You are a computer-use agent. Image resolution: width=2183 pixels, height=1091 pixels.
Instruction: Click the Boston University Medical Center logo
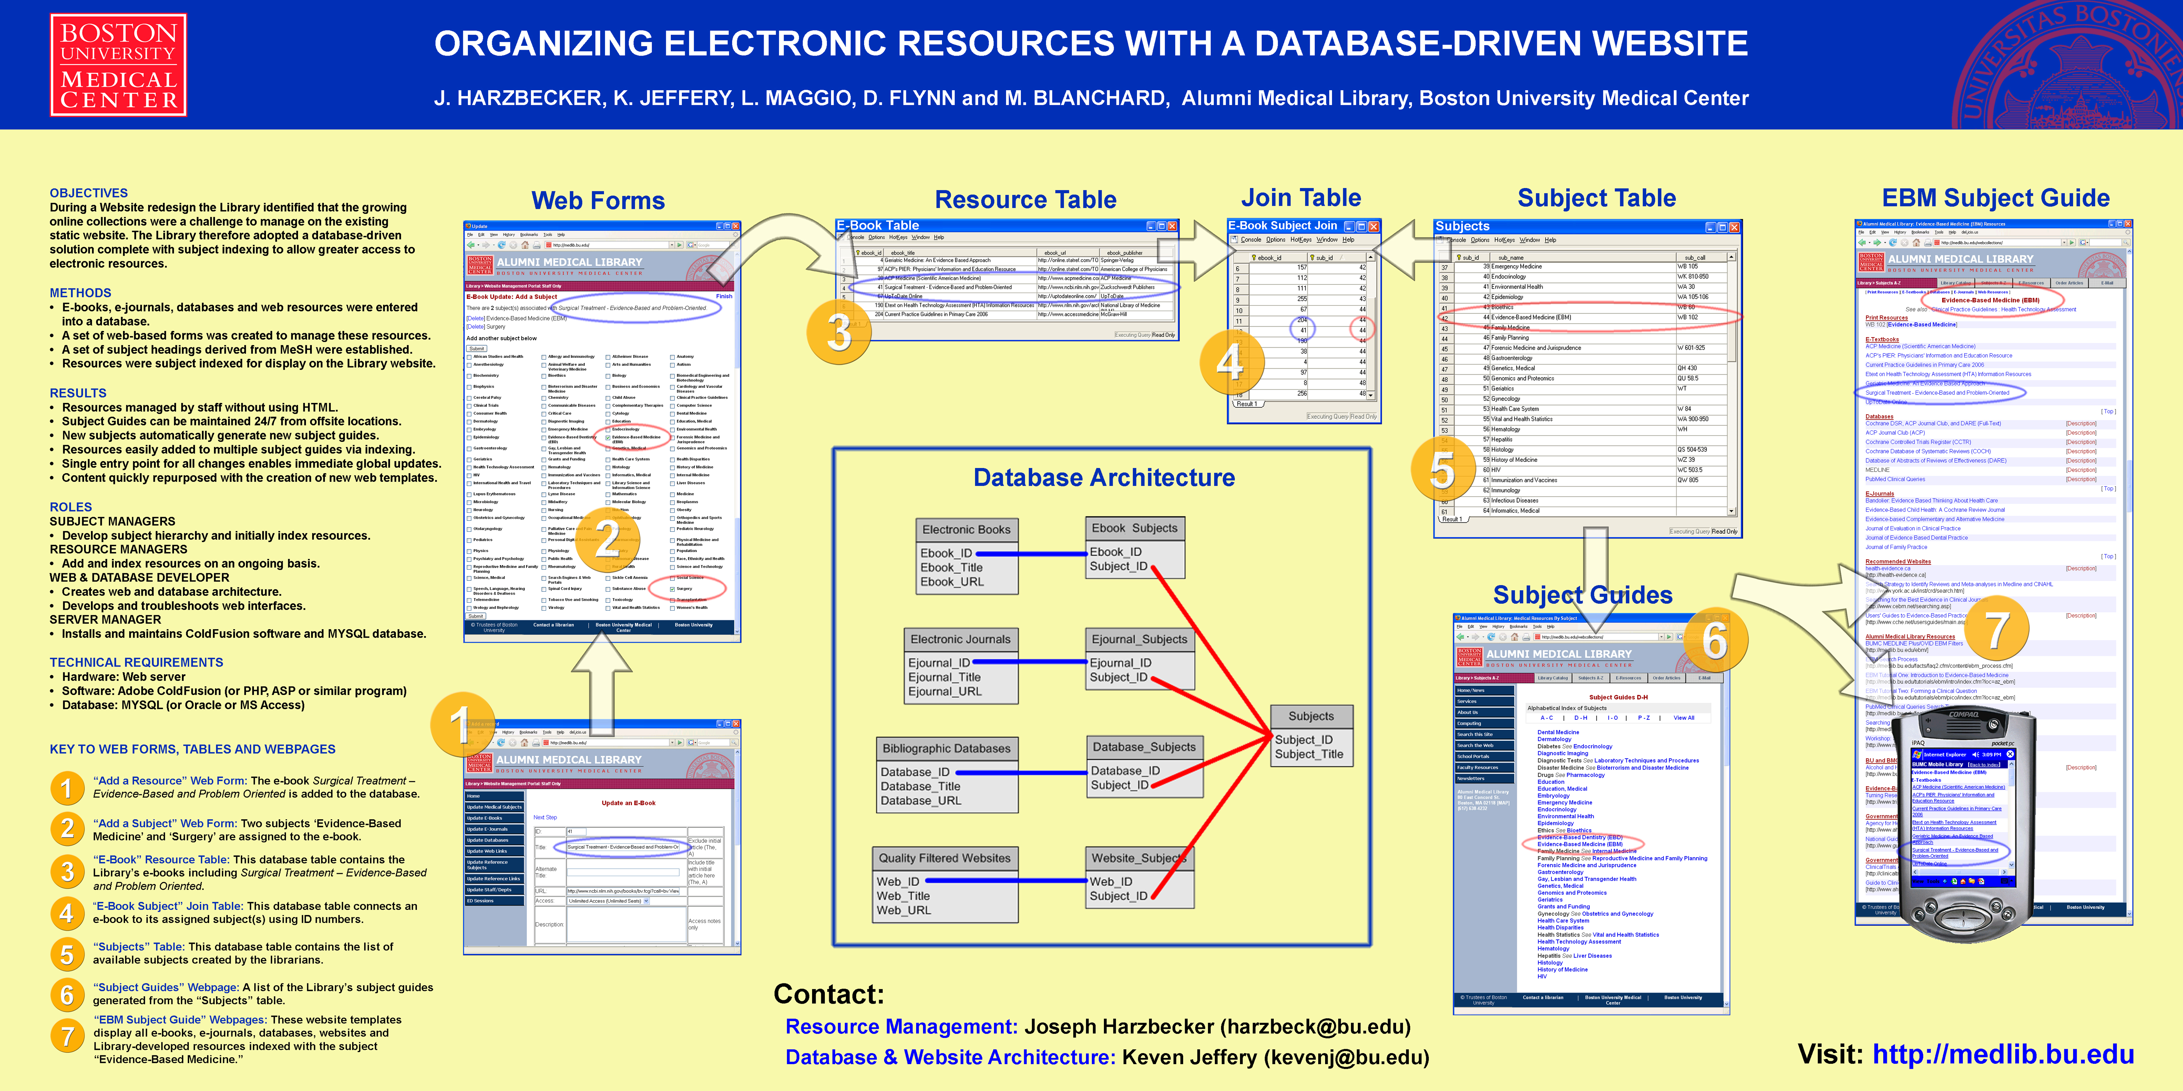(x=119, y=65)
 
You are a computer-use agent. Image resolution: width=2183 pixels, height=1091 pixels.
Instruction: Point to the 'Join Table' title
(x=1301, y=198)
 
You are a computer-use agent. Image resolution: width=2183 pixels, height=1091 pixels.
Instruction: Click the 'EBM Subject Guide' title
(x=1995, y=198)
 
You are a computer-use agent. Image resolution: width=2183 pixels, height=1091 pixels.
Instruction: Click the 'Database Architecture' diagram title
(x=1104, y=478)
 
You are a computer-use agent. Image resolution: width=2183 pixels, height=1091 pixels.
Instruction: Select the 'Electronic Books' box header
(x=966, y=529)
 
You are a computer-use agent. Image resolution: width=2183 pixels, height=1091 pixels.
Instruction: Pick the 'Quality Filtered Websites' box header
(x=944, y=858)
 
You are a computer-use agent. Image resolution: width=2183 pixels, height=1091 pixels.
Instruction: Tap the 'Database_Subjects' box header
(x=1143, y=747)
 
